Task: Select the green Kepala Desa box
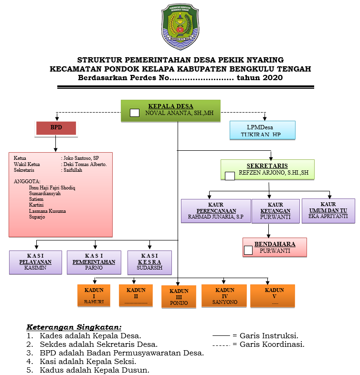(x=170, y=110)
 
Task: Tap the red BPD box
(x=56, y=128)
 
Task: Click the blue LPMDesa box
(x=262, y=130)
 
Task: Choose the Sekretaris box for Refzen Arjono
(x=267, y=169)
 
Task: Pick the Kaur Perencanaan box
(x=216, y=211)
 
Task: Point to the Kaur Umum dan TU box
(x=328, y=211)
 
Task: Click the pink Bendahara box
(x=275, y=247)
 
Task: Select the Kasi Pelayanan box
(x=35, y=262)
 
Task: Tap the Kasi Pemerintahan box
(x=94, y=262)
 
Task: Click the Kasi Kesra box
(x=149, y=262)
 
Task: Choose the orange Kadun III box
(x=179, y=296)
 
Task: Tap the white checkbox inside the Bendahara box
(x=248, y=250)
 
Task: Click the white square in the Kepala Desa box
(x=135, y=113)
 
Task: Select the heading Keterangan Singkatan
(x=74, y=327)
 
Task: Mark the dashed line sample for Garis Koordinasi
(x=221, y=345)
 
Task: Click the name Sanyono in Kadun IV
(x=224, y=302)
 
